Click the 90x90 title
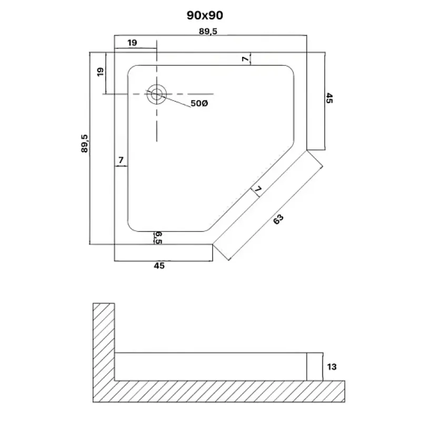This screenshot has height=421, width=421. coord(205,16)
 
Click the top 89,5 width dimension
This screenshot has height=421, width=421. coord(208,32)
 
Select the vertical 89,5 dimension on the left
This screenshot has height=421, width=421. coord(85,144)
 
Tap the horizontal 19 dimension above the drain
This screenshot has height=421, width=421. coord(132,43)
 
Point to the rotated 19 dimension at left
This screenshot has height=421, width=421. coord(101,72)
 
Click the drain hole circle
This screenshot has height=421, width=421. coord(156,95)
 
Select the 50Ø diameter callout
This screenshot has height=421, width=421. coord(199,103)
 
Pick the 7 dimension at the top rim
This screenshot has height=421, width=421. coord(245,58)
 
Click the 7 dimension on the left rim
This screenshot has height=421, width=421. coord(121,160)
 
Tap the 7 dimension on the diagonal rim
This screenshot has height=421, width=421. coord(257,189)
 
